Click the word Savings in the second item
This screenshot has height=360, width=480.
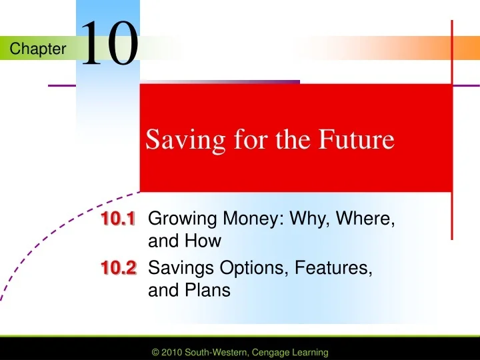click(177, 269)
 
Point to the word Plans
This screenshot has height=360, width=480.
click(213, 291)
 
